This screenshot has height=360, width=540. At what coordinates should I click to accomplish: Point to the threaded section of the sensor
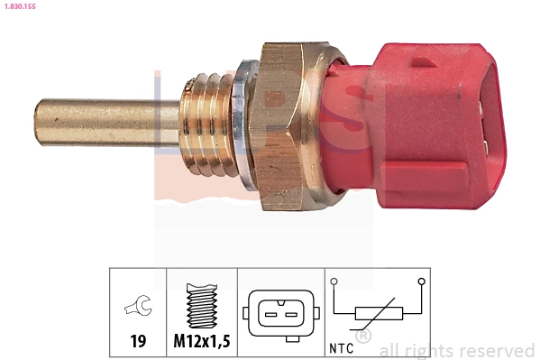(x=210, y=124)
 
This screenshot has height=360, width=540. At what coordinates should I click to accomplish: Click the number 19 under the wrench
(x=138, y=344)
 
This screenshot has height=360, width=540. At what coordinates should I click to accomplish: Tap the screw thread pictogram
(x=201, y=307)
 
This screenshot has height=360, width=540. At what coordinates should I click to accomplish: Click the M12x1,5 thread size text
(x=201, y=344)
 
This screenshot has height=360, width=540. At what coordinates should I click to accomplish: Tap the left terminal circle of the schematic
(x=334, y=282)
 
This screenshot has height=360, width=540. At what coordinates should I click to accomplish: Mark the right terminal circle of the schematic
(x=421, y=282)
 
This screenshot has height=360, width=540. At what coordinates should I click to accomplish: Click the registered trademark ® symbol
(x=362, y=337)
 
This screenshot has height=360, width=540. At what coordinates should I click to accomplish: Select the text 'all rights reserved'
(x=456, y=350)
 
